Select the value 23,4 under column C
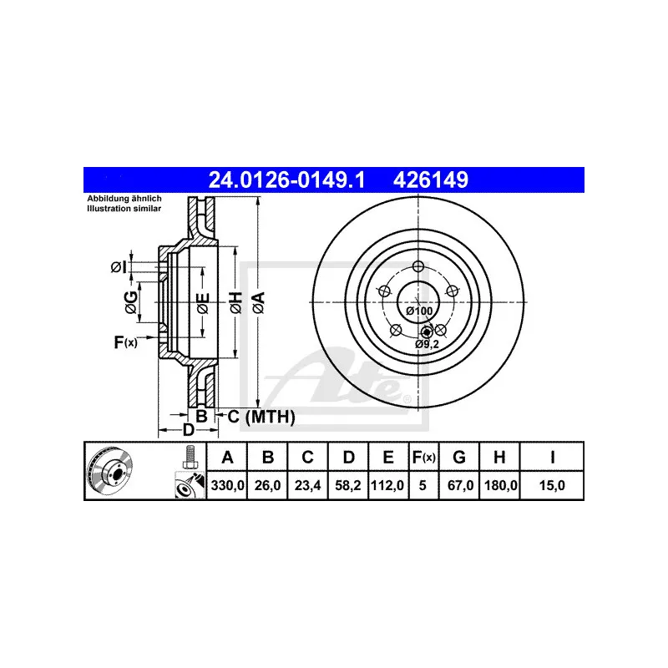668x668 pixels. pos(307,484)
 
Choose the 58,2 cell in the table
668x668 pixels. pos(348,484)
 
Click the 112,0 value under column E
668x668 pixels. pos(388,484)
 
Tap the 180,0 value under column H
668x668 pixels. pos(499,484)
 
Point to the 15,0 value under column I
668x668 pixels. pos(553,484)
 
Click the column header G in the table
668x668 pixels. pos(458,457)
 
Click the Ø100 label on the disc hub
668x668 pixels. pos(418,311)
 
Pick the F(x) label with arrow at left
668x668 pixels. pos(125,341)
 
